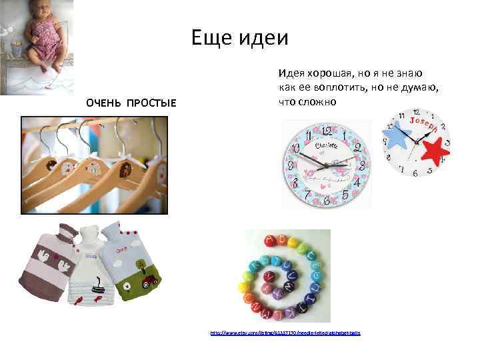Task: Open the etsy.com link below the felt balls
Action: click(285, 332)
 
